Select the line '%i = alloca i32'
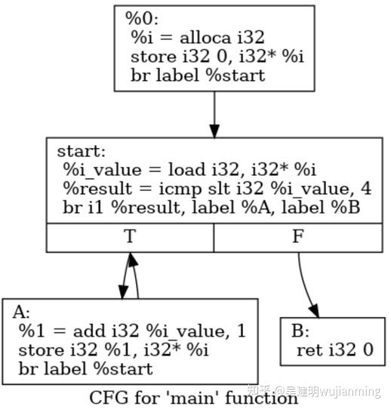(x=197, y=36)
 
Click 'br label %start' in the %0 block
(x=198, y=76)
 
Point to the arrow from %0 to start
(x=215, y=113)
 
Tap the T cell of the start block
(x=130, y=237)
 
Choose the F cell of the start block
(x=298, y=237)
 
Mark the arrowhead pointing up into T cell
(x=131, y=261)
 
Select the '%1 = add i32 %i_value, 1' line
(x=131, y=331)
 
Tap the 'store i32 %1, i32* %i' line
(x=113, y=350)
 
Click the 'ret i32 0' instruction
(x=335, y=350)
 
